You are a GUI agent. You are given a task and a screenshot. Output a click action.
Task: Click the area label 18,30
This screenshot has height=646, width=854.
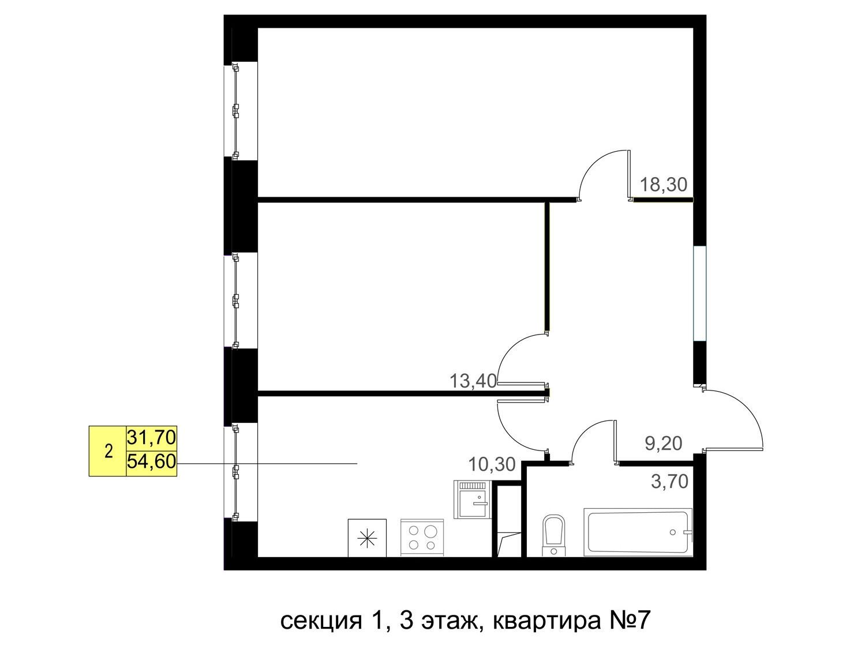(x=664, y=185)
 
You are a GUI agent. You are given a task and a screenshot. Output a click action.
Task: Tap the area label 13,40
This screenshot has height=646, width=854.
(x=473, y=381)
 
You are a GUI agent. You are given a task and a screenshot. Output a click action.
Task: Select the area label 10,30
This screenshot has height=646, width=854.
(x=492, y=464)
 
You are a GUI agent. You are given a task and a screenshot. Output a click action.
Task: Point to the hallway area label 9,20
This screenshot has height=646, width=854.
(x=664, y=444)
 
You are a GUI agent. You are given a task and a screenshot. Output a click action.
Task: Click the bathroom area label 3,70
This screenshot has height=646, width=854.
(x=669, y=482)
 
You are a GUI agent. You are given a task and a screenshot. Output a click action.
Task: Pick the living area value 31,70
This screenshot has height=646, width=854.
(x=152, y=438)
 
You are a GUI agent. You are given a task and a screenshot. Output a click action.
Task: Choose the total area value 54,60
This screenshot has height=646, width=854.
(x=152, y=461)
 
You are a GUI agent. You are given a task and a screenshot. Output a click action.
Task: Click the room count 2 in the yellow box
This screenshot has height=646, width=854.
(x=108, y=452)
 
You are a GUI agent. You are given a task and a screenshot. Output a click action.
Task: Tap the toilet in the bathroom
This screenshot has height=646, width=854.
(x=553, y=535)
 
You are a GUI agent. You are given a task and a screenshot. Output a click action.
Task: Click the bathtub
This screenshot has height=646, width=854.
(x=638, y=532)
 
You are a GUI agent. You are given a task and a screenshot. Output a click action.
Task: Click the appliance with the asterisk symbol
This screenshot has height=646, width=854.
(x=367, y=538)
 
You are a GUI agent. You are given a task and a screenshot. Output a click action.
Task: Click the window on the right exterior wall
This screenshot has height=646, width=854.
(x=699, y=293)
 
